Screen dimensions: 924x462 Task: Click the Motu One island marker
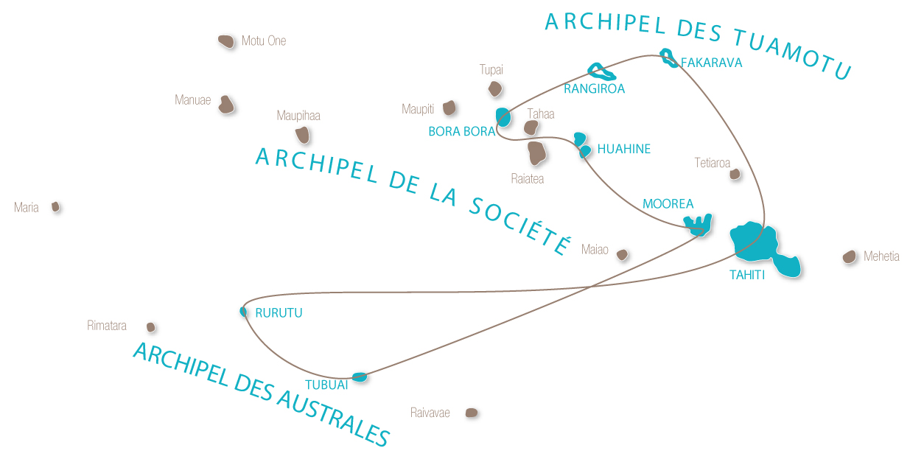(x=226, y=41)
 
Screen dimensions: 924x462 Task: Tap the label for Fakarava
(x=711, y=63)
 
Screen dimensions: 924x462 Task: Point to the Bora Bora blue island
(x=503, y=116)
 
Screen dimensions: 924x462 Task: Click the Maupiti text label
(x=418, y=109)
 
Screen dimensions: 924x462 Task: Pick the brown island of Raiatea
(x=536, y=153)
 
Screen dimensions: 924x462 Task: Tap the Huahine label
(x=623, y=149)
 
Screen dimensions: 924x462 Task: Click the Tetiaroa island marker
(x=735, y=174)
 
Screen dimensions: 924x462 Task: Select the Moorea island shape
(x=698, y=225)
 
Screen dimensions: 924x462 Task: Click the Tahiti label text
(x=747, y=275)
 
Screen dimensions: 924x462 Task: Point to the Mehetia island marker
(x=849, y=257)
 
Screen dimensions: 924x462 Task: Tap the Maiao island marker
(x=622, y=254)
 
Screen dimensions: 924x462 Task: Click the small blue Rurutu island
(x=243, y=312)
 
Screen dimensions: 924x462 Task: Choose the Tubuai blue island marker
(x=360, y=377)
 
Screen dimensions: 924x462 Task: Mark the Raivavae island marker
(x=472, y=413)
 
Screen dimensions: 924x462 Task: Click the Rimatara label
(x=106, y=326)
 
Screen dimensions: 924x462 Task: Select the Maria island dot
(x=55, y=206)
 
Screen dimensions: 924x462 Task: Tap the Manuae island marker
(x=226, y=105)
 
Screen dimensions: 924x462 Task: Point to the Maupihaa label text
(x=298, y=116)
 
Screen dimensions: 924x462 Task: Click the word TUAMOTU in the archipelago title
(x=793, y=54)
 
